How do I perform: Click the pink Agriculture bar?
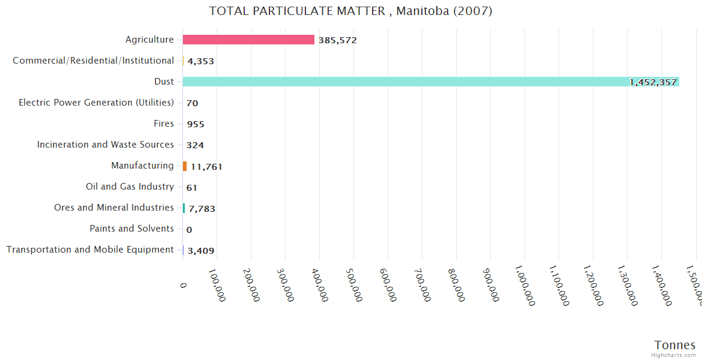(248, 40)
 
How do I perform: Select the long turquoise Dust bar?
(420, 82)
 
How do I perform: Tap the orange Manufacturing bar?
(185, 166)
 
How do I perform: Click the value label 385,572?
(338, 40)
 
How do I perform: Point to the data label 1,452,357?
(653, 82)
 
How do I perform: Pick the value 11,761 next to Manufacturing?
(206, 167)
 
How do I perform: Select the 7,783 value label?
(202, 209)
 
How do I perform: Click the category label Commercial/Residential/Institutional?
(93, 61)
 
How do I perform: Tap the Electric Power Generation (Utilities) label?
(96, 103)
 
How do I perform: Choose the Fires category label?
(164, 124)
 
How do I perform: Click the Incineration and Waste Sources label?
(106, 145)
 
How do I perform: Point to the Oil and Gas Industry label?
(130, 187)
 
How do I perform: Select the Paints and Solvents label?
(131, 229)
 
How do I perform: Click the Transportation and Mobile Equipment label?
(90, 250)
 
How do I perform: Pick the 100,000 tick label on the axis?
(218, 284)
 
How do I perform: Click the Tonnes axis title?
(675, 345)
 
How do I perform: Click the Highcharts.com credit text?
(673, 355)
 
